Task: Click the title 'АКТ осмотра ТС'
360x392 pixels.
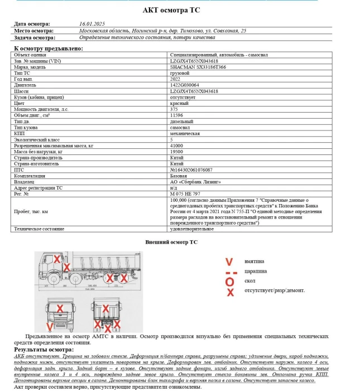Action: [x=180, y=10]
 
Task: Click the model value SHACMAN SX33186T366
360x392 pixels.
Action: [x=198, y=67]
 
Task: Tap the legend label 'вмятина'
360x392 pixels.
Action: [x=255, y=261]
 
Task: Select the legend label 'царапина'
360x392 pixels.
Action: [x=256, y=271]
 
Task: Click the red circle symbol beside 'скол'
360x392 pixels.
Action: [x=229, y=282]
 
